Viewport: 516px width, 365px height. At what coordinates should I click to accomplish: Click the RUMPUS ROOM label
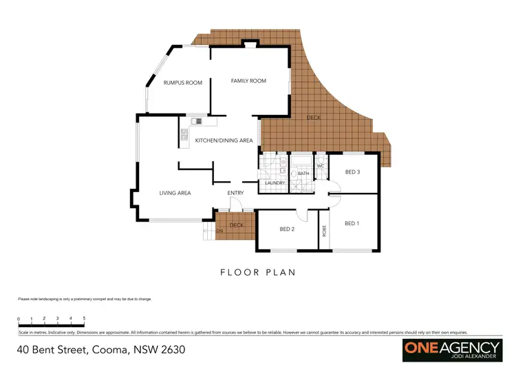pyautogui.click(x=182, y=83)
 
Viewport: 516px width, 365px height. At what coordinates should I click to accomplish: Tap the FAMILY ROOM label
pyautogui.click(x=248, y=81)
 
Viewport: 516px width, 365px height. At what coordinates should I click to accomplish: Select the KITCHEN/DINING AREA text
pyautogui.click(x=224, y=140)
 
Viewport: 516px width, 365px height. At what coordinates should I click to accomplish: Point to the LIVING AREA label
pyautogui.click(x=175, y=194)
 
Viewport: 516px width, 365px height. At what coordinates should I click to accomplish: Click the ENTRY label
pyautogui.click(x=236, y=193)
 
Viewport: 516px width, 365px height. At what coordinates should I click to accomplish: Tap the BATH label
pyautogui.click(x=303, y=174)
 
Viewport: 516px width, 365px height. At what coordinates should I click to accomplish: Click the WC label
pyautogui.click(x=321, y=166)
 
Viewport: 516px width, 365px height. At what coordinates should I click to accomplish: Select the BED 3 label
pyautogui.click(x=352, y=171)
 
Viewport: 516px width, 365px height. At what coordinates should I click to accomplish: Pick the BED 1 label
pyautogui.click(x=352, y=223)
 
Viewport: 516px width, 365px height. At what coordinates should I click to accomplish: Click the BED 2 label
pyautogui.click(x=287, y=229)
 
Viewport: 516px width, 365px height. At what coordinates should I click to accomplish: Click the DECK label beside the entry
pyautogui.click(x=237, y=225)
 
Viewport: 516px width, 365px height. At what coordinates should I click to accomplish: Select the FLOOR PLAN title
pyautogui.click(x=257, y=272)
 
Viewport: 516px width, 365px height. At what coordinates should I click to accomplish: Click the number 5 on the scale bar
pyautogui.click(x=84, y=318)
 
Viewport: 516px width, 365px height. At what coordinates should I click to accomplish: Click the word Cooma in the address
pyautogui.click(x=109, y=350)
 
